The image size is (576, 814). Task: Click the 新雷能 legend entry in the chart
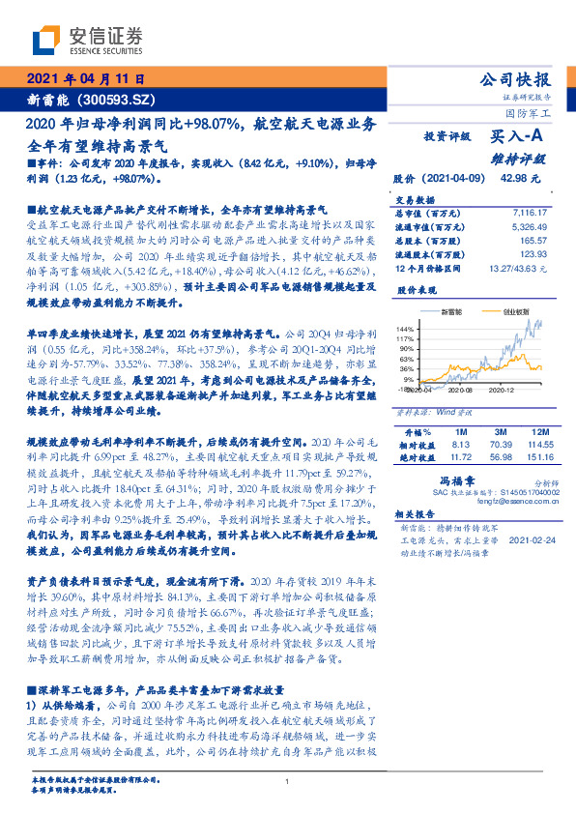coord(448,312)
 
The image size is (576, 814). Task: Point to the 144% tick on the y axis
coord(405,330)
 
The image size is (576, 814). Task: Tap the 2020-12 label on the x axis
coord(502,390)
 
